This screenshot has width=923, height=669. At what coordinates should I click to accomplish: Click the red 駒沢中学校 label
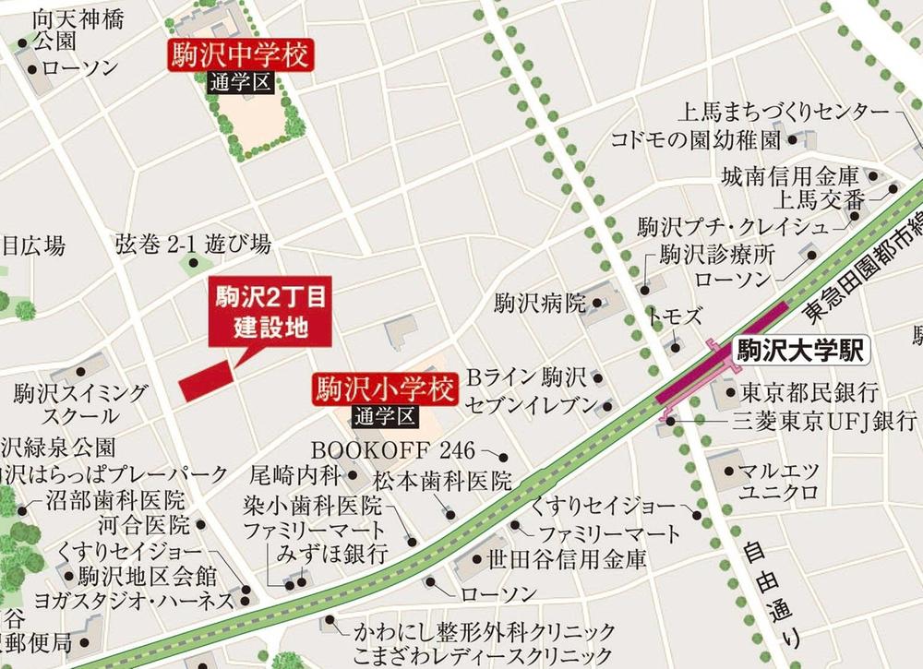(x=240, y=56)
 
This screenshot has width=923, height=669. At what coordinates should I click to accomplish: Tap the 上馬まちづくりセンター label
(x=784, y=113)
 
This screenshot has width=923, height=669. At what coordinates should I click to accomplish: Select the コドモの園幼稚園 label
(x=696, y=140)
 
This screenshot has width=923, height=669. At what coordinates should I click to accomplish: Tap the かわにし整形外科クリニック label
(x=485, y=633)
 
